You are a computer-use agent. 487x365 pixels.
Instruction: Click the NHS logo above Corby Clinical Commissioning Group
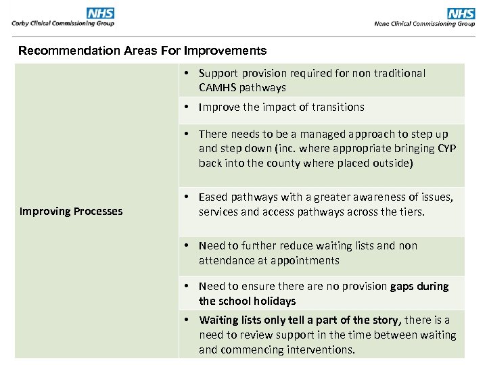click(101, 13)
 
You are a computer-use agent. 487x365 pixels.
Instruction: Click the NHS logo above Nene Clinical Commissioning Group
click(461, 14)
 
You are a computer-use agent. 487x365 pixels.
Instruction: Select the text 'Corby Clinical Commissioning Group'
click(63, 23)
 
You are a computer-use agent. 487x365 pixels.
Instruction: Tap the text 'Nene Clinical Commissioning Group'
click(424, 24)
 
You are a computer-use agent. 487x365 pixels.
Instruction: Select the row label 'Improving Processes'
click(71, 211)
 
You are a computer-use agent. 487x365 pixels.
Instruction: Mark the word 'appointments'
click(306, 260)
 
